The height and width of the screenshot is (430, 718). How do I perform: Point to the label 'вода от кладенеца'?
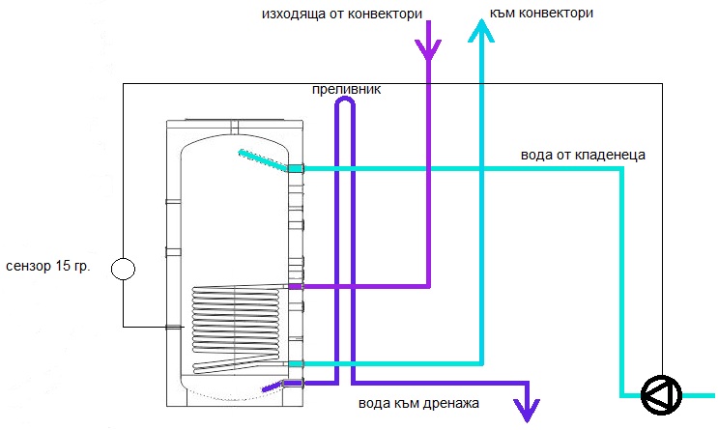pyautogui.click(x=575, y=154)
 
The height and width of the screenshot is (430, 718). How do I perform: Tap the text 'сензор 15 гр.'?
pyautogui.click(x=47, y=266)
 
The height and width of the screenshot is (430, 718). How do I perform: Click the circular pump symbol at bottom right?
pyautogui.click(x=662, y=392)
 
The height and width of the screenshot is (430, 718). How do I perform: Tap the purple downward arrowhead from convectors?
pyautogui.click(x=428, y=48)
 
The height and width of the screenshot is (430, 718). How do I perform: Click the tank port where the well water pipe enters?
pyautogui.click(x=296, y=169)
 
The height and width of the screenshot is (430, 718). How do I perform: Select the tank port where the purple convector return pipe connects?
pyautogui.click(x=296, y=287)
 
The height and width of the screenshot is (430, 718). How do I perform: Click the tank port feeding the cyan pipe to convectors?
pyautogui.click(x=296, y=363)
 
